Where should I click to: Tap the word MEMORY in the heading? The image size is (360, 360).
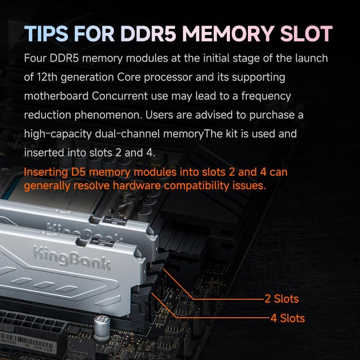(x=224, y=34)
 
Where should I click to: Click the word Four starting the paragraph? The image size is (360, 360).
(x=36, y=58)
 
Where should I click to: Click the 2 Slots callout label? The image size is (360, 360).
(x=281, y=298)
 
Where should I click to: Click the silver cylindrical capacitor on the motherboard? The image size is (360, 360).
(x=100, y=325)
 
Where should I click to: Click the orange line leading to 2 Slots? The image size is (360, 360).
(x=225, y=299)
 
